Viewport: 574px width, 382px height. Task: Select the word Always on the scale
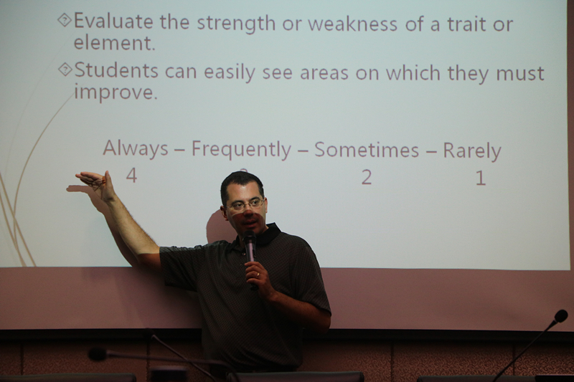click(x=136, y=149)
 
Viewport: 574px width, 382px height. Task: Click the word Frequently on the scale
click(x=242, y=150)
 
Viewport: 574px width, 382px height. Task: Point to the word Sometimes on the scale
click(x=367, y=150)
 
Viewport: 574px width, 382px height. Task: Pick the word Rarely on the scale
click(x=472, y=151)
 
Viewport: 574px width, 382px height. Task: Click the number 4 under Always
click(x=131, y=176)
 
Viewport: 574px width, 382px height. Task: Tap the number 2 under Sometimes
click(x=367, y=177)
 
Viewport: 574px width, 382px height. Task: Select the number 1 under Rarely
click(x=480, y=178)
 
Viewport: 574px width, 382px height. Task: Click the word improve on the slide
click(x=116, y=92)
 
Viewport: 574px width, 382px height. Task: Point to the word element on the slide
click(x=115, y=43)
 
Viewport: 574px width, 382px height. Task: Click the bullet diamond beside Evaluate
click(x=65, y=20)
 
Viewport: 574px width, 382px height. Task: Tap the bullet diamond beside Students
click(x=65, y=69)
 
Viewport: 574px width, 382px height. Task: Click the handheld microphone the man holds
click(x=250, y=252)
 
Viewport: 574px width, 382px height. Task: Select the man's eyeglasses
click(x=245, y=205)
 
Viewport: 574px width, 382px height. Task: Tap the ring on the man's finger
click(x=258, y=274)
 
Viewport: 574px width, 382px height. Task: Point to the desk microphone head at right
click(x=561, y=316)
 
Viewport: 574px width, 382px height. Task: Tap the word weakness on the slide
click(x=352, y=24)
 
